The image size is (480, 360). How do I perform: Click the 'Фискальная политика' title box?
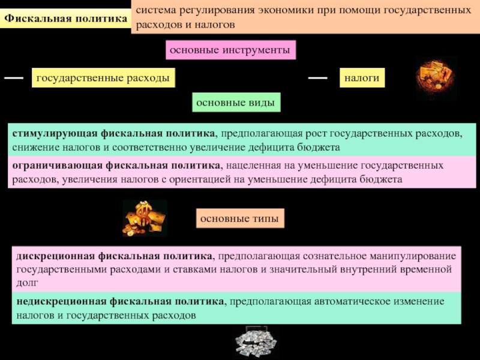pyautogui.click(x=66, y=18)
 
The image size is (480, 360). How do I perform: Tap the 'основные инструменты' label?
pyautogui.click(x=231, y=50)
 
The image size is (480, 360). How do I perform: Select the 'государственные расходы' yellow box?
pyautogui.click(x=103, y=78)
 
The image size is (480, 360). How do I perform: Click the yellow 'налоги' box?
pyautogui.click(x=362, y=78)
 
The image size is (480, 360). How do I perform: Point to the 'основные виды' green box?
pyautogui.click(x=236, y=103)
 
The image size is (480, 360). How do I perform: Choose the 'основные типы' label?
pyautogui.click(x=239, y=219)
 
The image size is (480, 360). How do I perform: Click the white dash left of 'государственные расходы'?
pyautogui.click(x=13, y=78)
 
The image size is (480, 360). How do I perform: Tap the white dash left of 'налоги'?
pyautogui.click(x=317, y=78)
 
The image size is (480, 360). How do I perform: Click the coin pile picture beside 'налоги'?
pyautogui.click(x=436, y=78)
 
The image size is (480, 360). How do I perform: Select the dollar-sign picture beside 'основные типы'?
pyautogui.click(x=144, y=218)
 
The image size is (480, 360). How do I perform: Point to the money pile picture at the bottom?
pyautogui.click(x=255, y=343)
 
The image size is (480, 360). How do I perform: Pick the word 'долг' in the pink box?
pyautogui.click(x=28, y=281)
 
